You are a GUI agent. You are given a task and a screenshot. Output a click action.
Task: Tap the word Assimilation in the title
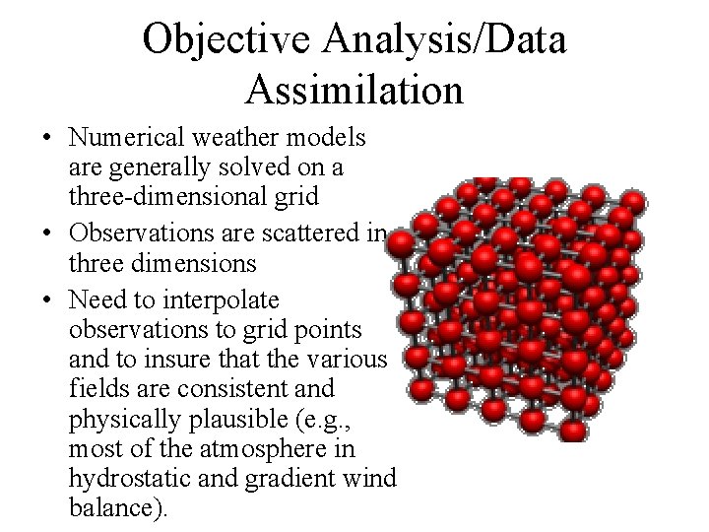pyautogui.click(x=354, y=90)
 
